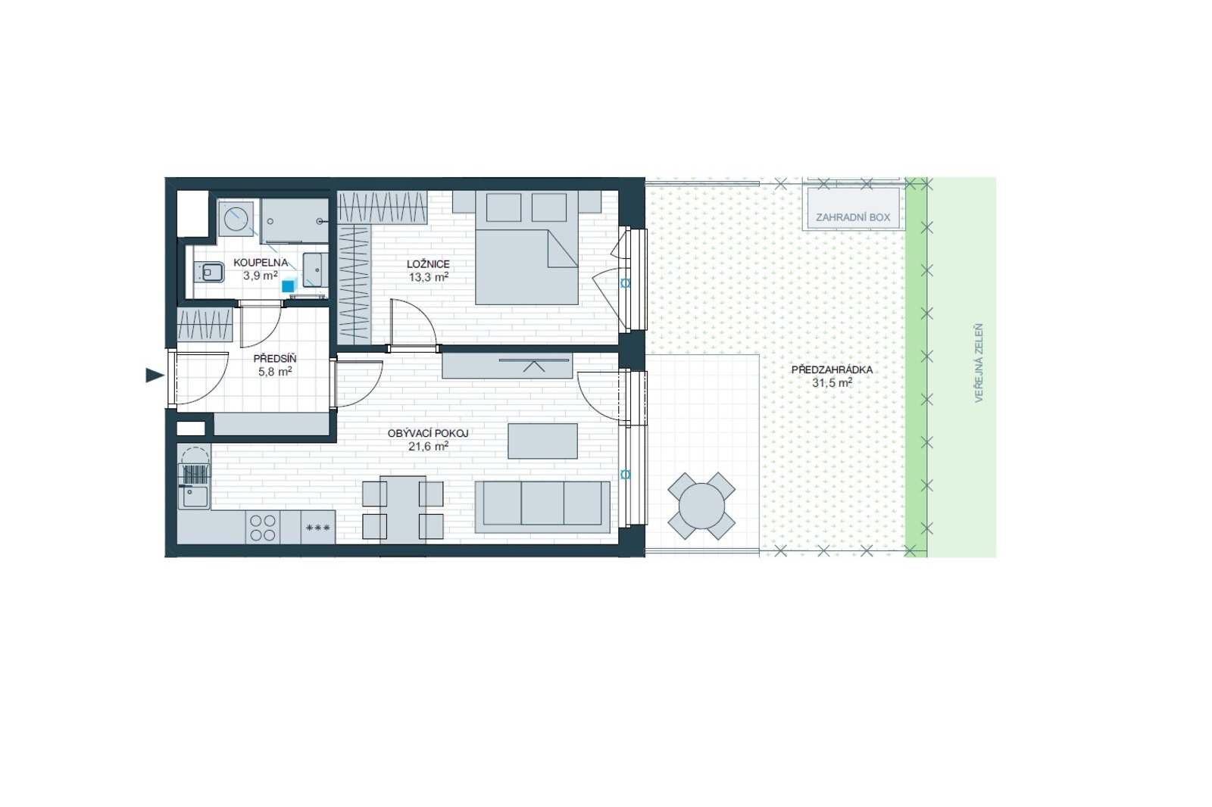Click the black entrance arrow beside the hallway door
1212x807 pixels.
click(155, 375)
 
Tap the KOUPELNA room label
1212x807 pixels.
click(261, 263)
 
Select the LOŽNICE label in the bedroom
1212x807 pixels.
click(428, 264)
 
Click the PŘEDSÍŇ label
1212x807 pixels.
click(275, 359)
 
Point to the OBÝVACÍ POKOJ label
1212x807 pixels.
click(428, 433)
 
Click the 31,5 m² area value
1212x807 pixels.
click(832, 383)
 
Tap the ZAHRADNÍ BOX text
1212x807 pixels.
click(853, 217)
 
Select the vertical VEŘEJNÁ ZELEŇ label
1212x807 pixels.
click(978, 363)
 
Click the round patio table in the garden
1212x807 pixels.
click(701, 506)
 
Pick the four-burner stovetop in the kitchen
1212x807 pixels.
click(262, 528)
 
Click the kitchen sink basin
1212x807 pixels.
click(194, 496)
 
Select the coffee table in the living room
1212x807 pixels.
click(542, 441)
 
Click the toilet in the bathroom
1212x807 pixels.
click(210, 272)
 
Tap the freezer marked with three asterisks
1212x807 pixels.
click(318, 528)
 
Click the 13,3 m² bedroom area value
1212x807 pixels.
click(429, 278)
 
